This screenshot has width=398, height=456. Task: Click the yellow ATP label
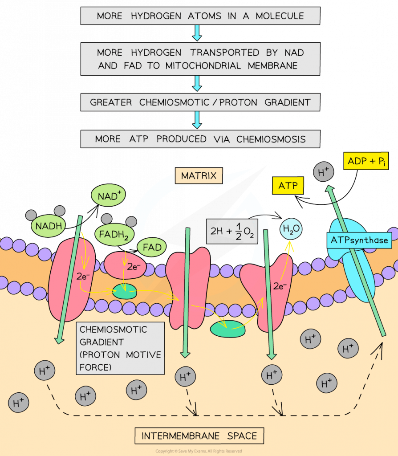click(288, 185)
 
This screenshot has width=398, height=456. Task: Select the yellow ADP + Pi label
click(366, 161)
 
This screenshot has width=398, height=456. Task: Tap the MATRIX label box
click(198, 176)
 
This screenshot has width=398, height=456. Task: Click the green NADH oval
click(48, 226)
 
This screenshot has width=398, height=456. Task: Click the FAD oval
click(152, 246)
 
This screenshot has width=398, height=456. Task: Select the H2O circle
click(290, 229)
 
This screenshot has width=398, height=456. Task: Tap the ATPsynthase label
click(359, 240)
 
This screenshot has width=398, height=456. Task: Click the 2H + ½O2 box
click(233, 231)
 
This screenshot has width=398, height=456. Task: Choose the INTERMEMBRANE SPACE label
click(199, 436)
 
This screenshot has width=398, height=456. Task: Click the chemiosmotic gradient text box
click(120, 348)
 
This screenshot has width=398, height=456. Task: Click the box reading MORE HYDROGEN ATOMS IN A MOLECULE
click(200, 16)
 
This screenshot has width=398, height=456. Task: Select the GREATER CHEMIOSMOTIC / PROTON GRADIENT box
click(200, 102)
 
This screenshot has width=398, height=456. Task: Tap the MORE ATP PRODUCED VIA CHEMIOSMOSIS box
click(200, 139)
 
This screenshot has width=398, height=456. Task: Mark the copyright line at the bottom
click(199, 451)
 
